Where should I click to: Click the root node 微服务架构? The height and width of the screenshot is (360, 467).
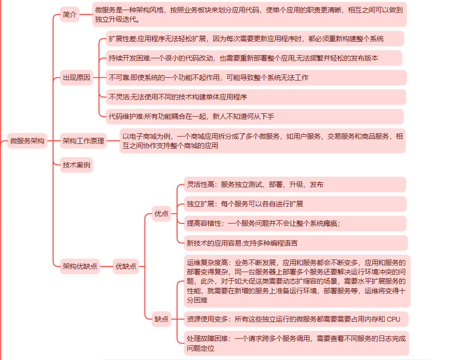pyautogui.click(x=27, y=141)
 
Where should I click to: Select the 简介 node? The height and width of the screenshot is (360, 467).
pyautogui.click(x=70, y=15)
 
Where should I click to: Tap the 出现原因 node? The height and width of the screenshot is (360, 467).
pyautogui.click(x=77, y=78)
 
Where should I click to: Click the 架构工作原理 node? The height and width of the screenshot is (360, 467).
pyautogui.click(x=84, y=141)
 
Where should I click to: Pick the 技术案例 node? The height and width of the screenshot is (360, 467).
pyautogui.click(x=77, y=165)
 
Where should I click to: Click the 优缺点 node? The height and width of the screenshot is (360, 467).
pyautogui.click(x=126, y=266)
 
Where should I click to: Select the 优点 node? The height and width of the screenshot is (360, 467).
pyautogui.click(x=162, y=214)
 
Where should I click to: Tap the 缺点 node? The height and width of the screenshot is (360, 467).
pyautogui.click(x=162, y=319)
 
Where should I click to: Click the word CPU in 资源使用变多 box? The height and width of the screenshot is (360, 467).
pyautogui.click(x=393, y=319)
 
